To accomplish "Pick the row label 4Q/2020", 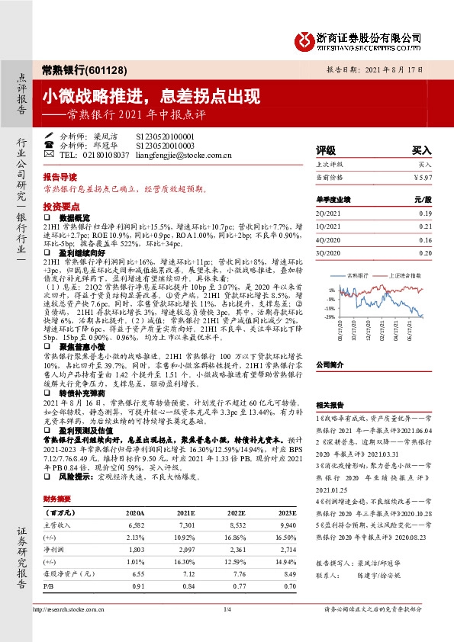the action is tap(330, 240).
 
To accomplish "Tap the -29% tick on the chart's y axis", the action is tap(330, 316).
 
